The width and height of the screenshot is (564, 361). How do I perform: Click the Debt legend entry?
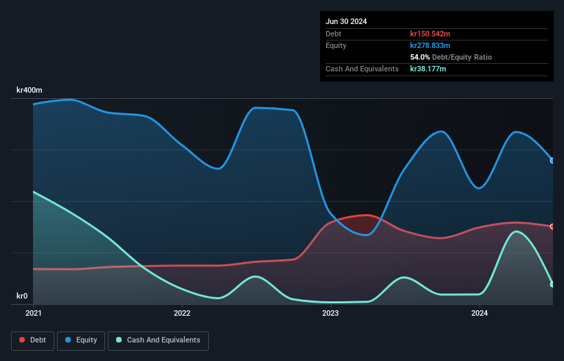click(32, 340)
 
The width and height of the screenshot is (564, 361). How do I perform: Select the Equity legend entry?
click(82, 340)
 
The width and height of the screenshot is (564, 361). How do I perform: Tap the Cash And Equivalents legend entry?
click(158, 340)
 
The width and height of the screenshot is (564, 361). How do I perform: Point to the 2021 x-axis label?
click(34, 313)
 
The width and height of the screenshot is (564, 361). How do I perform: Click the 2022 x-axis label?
click(182, 313)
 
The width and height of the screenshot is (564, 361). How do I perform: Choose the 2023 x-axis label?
click(330, 313)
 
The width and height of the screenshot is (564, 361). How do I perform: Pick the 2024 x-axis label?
click(479, 313)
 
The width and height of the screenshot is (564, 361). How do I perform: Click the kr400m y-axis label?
click(30, 90)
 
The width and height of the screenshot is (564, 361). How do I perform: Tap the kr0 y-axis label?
click(23, 296)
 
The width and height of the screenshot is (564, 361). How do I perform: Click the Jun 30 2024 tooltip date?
click(346, 21)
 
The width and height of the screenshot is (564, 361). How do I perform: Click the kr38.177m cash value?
click(428, 69)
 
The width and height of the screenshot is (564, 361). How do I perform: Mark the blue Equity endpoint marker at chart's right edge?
click(552, 161)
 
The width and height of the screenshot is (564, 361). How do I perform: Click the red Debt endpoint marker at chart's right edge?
click(552, 226)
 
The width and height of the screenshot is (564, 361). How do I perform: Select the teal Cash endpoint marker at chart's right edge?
click(552, 284)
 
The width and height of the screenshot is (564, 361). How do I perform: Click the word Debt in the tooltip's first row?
click(333, 34)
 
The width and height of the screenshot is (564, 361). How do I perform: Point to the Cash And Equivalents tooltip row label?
click(362, 69)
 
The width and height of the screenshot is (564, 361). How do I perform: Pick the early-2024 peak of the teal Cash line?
click(516, 231)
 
